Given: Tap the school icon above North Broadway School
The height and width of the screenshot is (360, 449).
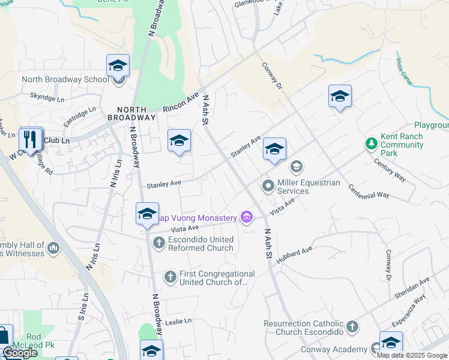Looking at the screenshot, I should (118, 65).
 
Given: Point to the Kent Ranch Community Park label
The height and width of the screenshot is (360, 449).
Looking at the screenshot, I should (402, 145).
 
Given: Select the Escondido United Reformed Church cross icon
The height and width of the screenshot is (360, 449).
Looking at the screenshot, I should (158, 243).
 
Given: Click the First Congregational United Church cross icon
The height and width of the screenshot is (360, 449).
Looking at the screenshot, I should (170, 277).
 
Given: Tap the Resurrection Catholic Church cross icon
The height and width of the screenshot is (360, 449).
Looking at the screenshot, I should (352, 328).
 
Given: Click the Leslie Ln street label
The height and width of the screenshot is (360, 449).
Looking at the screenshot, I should (179, 321).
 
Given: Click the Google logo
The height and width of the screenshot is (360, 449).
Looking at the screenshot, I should (20, 353).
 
